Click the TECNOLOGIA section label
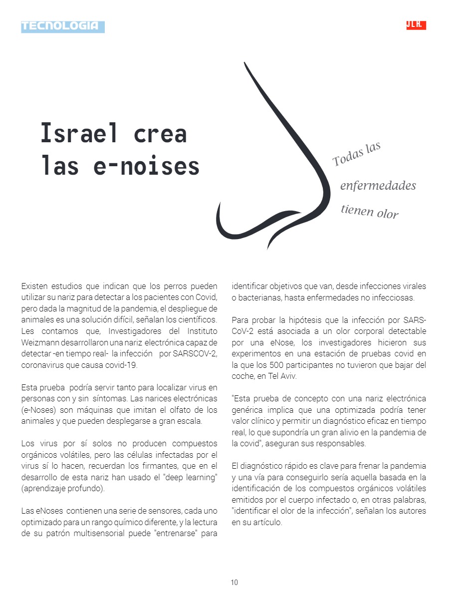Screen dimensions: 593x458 62,26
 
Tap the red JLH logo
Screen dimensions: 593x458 416,25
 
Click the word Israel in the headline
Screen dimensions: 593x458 79,133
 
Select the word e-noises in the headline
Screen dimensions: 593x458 147,166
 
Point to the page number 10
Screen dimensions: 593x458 234,583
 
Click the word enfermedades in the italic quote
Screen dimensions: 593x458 378,186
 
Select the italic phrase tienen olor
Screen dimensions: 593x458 370,212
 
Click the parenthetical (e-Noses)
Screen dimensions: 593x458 38,410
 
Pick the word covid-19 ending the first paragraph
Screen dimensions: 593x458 122,365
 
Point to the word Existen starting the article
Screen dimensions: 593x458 33,286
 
